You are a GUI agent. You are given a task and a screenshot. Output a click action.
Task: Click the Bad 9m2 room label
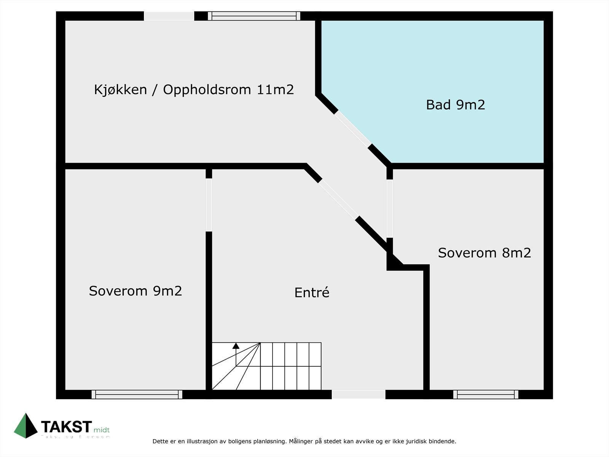click(x=455, y=105)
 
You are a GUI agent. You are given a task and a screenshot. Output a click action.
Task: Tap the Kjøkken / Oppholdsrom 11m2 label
click(x=194, y=90)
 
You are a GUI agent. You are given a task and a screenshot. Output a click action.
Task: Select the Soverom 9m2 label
click(x=136, y=291)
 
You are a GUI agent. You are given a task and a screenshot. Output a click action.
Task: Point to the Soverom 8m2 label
click(x=484, y=253)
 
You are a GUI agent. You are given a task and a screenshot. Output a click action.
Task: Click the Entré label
click(x=312, y=292)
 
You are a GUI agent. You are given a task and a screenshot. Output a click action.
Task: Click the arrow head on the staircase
click(x=236, y=346)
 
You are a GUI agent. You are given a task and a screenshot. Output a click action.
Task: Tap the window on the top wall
click(x=254, y=16)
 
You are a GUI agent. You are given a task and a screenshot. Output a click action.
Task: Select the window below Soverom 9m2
click(x=137, y=395)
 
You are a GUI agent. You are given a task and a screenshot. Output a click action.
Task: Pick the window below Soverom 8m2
click(x=485, y=395)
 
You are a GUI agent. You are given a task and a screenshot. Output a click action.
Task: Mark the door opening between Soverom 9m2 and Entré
click(x=209, y=205)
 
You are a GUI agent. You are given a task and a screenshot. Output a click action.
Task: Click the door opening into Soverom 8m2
click(x=389, y=208)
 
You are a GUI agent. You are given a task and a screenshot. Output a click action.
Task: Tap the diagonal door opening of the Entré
click(x=338, y=198)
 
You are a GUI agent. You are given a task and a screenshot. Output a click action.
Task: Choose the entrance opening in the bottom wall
click(x=359, y=395)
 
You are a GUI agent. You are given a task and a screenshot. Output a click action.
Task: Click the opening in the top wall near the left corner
click(x=169, y=16)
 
